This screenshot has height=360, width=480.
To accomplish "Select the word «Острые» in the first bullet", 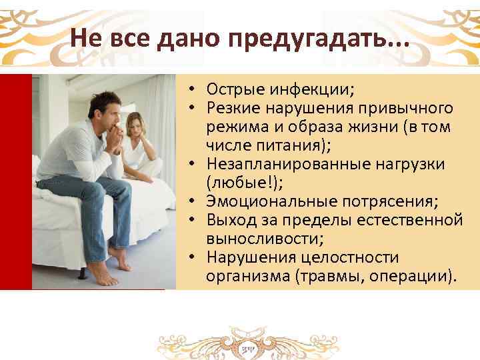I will click(231, 90).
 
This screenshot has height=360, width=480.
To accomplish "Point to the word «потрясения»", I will click(373, 200).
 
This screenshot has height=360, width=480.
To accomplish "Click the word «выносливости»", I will click(256, 238).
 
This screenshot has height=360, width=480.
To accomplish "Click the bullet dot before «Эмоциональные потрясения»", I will click(190, 201).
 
